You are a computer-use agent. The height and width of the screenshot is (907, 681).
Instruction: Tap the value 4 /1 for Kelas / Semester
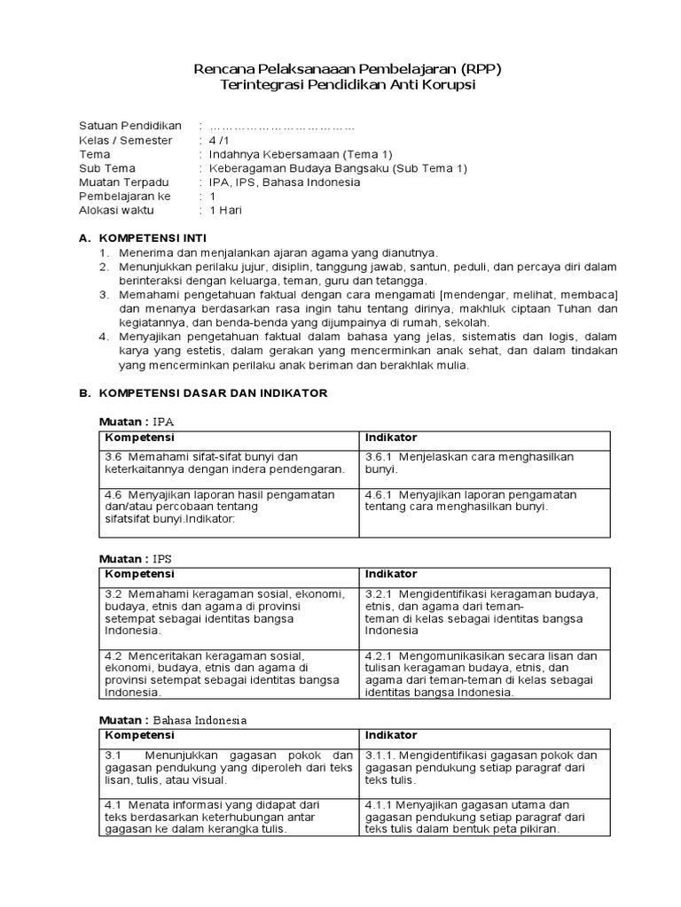pos(218,140)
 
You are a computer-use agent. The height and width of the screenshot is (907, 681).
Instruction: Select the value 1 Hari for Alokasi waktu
pos(225,211)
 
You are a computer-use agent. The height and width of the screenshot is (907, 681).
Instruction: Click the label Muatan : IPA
pos(142,421)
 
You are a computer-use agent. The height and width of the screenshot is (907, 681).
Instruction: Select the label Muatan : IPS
pos(141,560)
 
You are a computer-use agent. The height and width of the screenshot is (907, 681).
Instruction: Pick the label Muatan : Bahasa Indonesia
pos(172,720)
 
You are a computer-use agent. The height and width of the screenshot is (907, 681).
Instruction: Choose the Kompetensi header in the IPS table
pos(139,575)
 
